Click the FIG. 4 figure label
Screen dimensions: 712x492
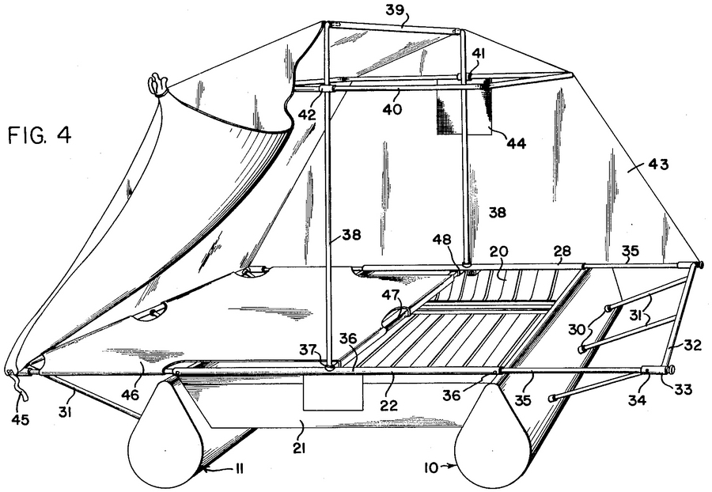pos(40,135)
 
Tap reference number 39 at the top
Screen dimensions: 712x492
pos(395,9)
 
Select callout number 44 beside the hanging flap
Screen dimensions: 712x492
pos(517,143)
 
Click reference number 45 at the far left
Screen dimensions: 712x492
pos(20,420)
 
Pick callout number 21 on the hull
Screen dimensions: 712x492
pos(298,448)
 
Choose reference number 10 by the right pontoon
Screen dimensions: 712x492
pos(432,467)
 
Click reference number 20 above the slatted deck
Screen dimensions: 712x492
pos(498,252)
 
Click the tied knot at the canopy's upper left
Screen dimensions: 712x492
pos(157,85)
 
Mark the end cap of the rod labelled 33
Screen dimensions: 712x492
pos(670,369)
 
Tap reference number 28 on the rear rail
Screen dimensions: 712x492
pos(562,251)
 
